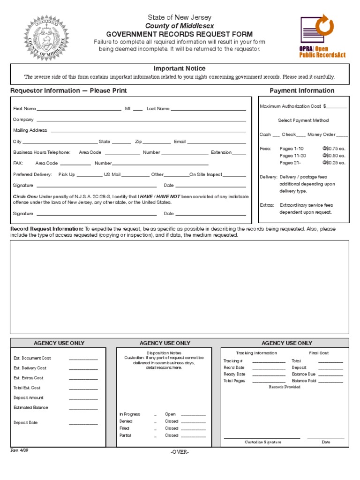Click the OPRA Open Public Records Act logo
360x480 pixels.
point(322,36)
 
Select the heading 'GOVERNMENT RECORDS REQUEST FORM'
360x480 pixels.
point(180,34)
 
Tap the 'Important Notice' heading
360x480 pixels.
point(180,68)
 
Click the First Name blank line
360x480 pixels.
point(80,109)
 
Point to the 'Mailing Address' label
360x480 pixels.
point(30,130)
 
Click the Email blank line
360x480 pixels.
point(217,142)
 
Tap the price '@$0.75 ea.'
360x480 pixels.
point(334,148)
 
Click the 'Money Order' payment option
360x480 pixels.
point(322,135)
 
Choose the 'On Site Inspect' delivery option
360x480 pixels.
point(206,174)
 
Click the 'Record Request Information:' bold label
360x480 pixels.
point(47,229)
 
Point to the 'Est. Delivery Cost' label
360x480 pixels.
point(30,368)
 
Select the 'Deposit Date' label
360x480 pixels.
point(26,422)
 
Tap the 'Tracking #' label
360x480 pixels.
point(233,361)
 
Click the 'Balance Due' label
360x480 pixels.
point(304,375)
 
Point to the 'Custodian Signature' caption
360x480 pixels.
point(262,442)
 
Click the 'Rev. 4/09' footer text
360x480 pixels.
point(20,450)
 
